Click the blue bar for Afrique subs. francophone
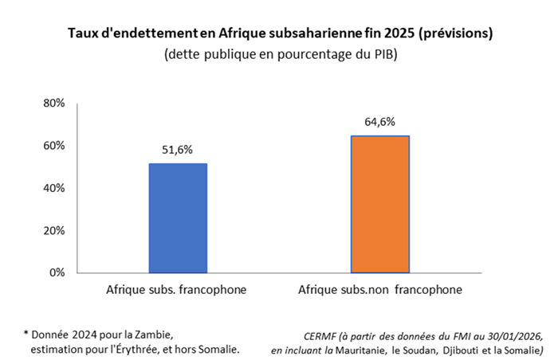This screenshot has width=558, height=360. tap(179, 218)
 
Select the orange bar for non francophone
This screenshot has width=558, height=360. tap(380, 205)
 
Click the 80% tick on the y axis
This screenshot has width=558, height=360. tap(54, 104)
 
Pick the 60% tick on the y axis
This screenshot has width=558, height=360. tap(54, 146)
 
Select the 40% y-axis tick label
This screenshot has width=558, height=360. tap(54, 188)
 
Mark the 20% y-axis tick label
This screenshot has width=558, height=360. tap(54, 230)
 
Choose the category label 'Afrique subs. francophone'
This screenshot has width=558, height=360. tap(176, 289)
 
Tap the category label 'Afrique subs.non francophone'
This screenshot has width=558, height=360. tap(379, 289)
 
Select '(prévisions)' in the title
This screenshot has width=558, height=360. tap(449, 33)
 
